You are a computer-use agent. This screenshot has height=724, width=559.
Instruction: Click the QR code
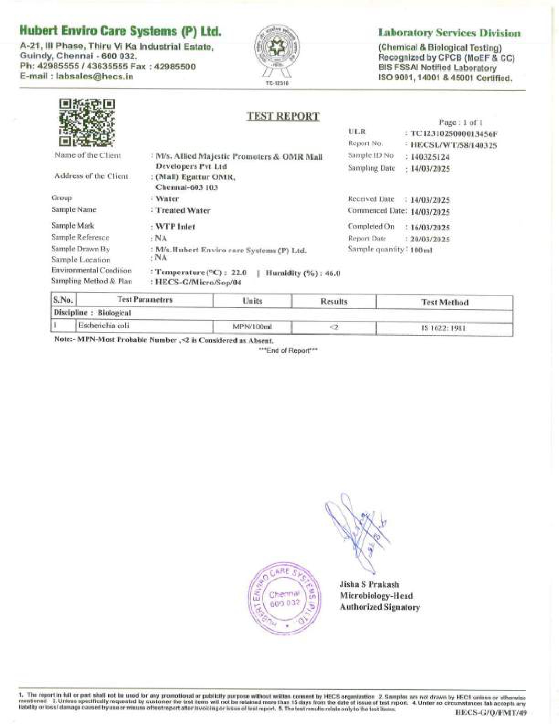[x=87, y=122]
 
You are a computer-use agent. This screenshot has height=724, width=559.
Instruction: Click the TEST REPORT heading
[x=283, y=116]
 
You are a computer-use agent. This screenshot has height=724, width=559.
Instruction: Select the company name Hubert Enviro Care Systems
[x=121, y=31]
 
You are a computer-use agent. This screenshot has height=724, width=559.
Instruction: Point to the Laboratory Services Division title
[x=449, y=33]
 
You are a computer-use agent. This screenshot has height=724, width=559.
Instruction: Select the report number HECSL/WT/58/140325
[x=453, y=145]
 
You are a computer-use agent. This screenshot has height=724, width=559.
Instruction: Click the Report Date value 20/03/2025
[x=430, y=239]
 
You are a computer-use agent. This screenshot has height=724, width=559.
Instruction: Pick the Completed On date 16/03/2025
[x=430, y=227]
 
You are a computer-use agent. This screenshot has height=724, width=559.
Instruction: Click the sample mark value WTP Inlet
[x=175, y=226]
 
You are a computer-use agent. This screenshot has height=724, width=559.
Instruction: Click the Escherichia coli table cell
[x=104, y=326]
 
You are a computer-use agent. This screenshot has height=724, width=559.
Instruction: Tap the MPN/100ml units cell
[x=252, y=326]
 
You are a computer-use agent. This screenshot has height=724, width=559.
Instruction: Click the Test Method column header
[x=445, y=302]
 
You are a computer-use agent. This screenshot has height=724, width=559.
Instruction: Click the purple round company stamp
[x=285, y=599]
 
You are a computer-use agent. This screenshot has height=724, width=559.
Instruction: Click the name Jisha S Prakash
[x=369, y=584]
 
